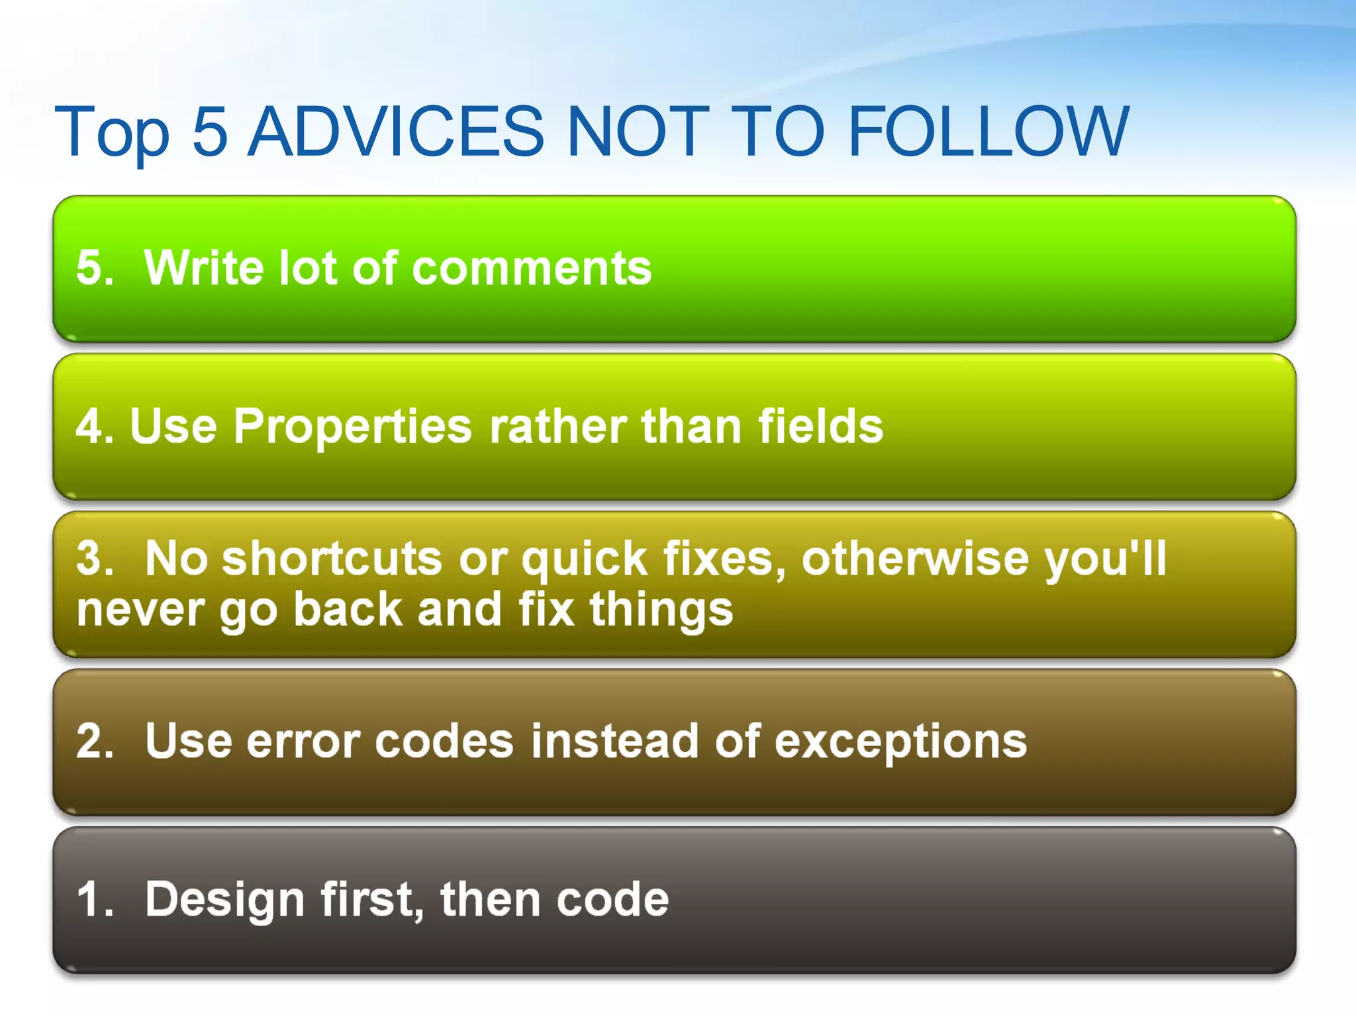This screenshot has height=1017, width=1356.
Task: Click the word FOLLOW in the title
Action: click(x=988, y=132)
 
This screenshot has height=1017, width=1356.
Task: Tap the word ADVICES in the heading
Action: click(x=395, y=132)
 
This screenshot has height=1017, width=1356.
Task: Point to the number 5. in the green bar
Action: click(x=95, y=268)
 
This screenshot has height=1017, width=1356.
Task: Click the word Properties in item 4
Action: click(x=352, y=427)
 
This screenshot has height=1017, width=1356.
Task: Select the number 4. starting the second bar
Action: click(x=95, y=426)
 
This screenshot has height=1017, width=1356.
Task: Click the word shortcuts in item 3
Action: click(x=331, y=558)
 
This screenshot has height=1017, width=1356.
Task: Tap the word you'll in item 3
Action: click(x=1105, y=558)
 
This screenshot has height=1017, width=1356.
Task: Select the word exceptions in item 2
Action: click(x=900, y=741)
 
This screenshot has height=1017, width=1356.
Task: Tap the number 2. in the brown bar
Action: click(x=95, y=741)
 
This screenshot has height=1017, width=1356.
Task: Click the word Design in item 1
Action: click(x=224, y=900)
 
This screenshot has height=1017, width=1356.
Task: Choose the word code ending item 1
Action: click(x=612, y=900)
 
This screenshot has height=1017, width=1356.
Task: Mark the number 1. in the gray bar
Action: click(x=95, y=900)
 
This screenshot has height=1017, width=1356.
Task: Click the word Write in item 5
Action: click(x=206, y=268)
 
